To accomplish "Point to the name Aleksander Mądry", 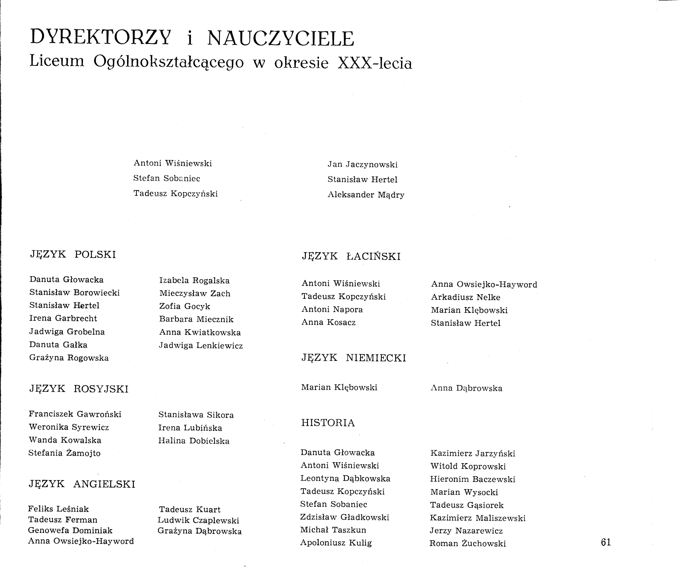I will click(x=366, y=195).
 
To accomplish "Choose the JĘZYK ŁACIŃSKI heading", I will click(x=351, y=256).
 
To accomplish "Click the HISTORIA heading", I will click(x=328, y=423).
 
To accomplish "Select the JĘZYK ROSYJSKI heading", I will click(x=79, y=389).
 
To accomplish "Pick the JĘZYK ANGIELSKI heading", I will click(x=82, y=484).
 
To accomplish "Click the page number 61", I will click(x=606, y=542).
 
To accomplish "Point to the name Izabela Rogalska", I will click(x=194, y=280).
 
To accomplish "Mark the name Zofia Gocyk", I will click(x=185, y=306).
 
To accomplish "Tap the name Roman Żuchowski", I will click(x=467, y=543).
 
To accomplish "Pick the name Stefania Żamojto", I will click(x=64, y=453).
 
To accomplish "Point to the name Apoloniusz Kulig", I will click(x=336, y=543).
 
